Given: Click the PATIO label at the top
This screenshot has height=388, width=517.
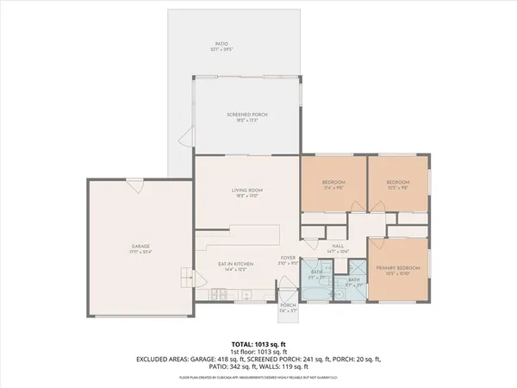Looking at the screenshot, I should pyautogui.click(x=221, y=43).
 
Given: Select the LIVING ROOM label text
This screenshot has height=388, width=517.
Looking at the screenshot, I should pyautogui.click(x=246, y=191).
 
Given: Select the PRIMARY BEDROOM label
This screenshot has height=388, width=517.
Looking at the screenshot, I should pyautogui.click(x=397, y=268).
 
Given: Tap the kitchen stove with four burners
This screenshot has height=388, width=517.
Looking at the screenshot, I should pyautogui.click(x=218, y=295).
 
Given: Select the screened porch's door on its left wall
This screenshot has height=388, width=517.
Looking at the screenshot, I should pyautogui.click(x=184, y=138).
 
